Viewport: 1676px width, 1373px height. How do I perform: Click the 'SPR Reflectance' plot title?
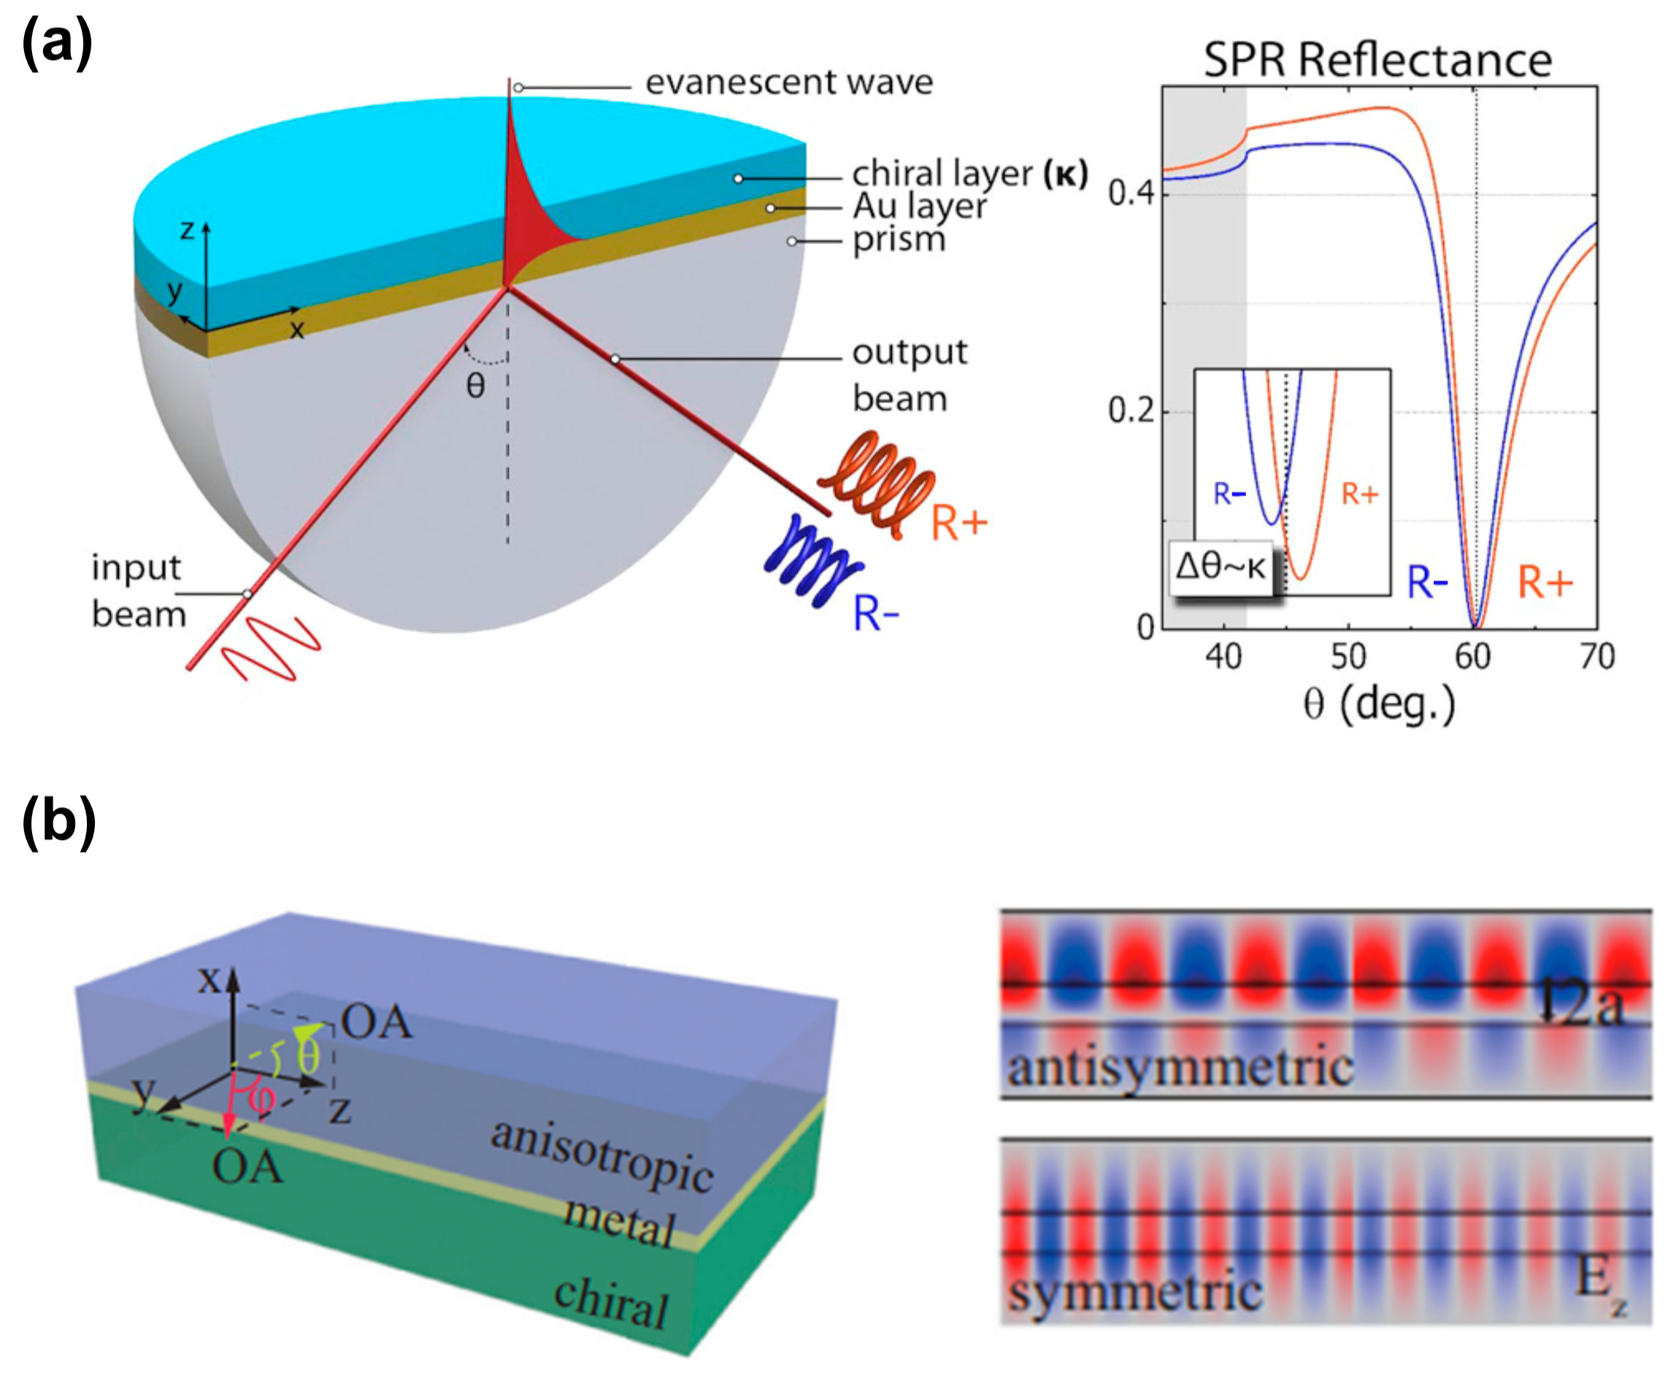point(1377,60)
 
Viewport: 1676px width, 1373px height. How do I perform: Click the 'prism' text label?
point(899,240)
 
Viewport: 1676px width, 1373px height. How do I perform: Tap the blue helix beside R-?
point(812,560)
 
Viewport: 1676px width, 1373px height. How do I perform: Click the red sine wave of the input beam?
point(271,649)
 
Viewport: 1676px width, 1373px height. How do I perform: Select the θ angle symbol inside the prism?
point(475,386)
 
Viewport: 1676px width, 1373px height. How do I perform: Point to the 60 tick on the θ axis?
point(1473,657)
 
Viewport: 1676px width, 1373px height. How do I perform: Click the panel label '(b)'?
point(59,822)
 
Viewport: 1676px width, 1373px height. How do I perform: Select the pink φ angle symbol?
point(261,1098)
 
